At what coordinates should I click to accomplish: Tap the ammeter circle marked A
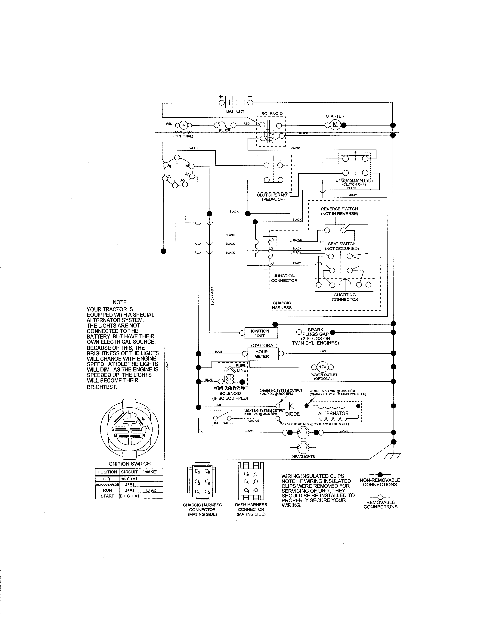(x=183, y=125)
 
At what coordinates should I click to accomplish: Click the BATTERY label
(x=235, y=111)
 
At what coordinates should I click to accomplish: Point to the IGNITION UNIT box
(x=260, y=333)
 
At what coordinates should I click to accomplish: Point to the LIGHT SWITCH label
(x=222, y=423)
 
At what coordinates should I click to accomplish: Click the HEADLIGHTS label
(x=303, y=457)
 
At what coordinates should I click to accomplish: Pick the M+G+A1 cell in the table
(x=129, y=479)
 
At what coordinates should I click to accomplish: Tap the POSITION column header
(x=107, y=472)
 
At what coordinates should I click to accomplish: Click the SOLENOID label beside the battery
(x=272, y=113)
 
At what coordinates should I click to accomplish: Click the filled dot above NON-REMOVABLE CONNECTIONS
(x=380, y=474)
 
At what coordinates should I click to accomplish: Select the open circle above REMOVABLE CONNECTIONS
(x=380, y=497)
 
